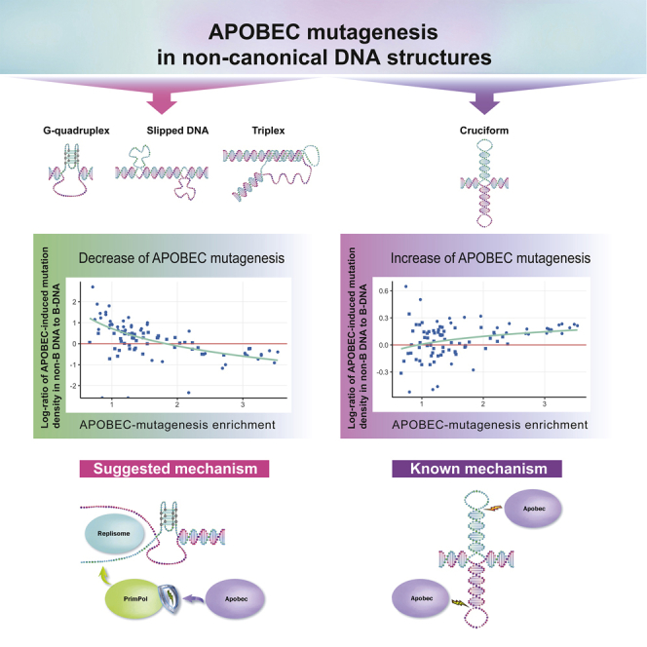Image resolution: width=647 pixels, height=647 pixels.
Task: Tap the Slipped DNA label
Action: [x=162, y=128]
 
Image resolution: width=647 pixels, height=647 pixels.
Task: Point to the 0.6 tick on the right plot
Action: [x=383, y=291]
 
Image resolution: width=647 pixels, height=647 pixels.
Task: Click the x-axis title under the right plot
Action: [x=483, y=426]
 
